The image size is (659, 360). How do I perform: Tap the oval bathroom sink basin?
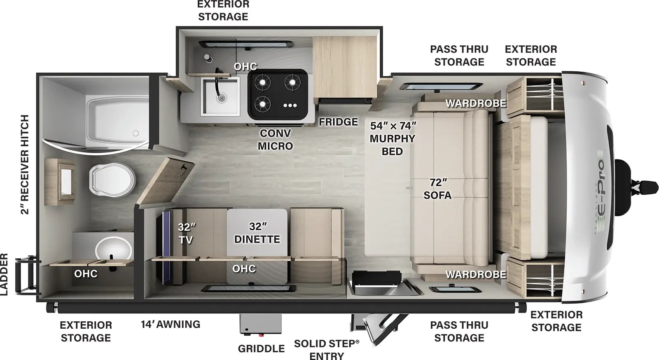tap(114, 249)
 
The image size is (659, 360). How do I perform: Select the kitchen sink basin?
tap(220, 96)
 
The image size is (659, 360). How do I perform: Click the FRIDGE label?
tap(339, 122)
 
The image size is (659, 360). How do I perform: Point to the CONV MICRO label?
tap(275, 140)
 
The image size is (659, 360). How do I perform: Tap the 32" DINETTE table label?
tap(257, 233)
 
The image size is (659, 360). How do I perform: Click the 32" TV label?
tap(186, 233)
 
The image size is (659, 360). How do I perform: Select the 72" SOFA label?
tap(437, 189)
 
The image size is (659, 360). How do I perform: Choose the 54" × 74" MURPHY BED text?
tap(393, 138)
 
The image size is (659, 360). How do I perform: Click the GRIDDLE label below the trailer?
tap(261, 349)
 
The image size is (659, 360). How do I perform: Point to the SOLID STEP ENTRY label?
tap(327, 349)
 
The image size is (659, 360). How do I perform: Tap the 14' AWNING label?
tap(171, 325)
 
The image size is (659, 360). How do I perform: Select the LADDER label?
tap(5, 274)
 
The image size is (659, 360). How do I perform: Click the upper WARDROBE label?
tap(476, 103)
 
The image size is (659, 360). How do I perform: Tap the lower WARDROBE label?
tap(476, 274)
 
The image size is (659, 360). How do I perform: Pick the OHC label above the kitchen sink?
tap(245, 67)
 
